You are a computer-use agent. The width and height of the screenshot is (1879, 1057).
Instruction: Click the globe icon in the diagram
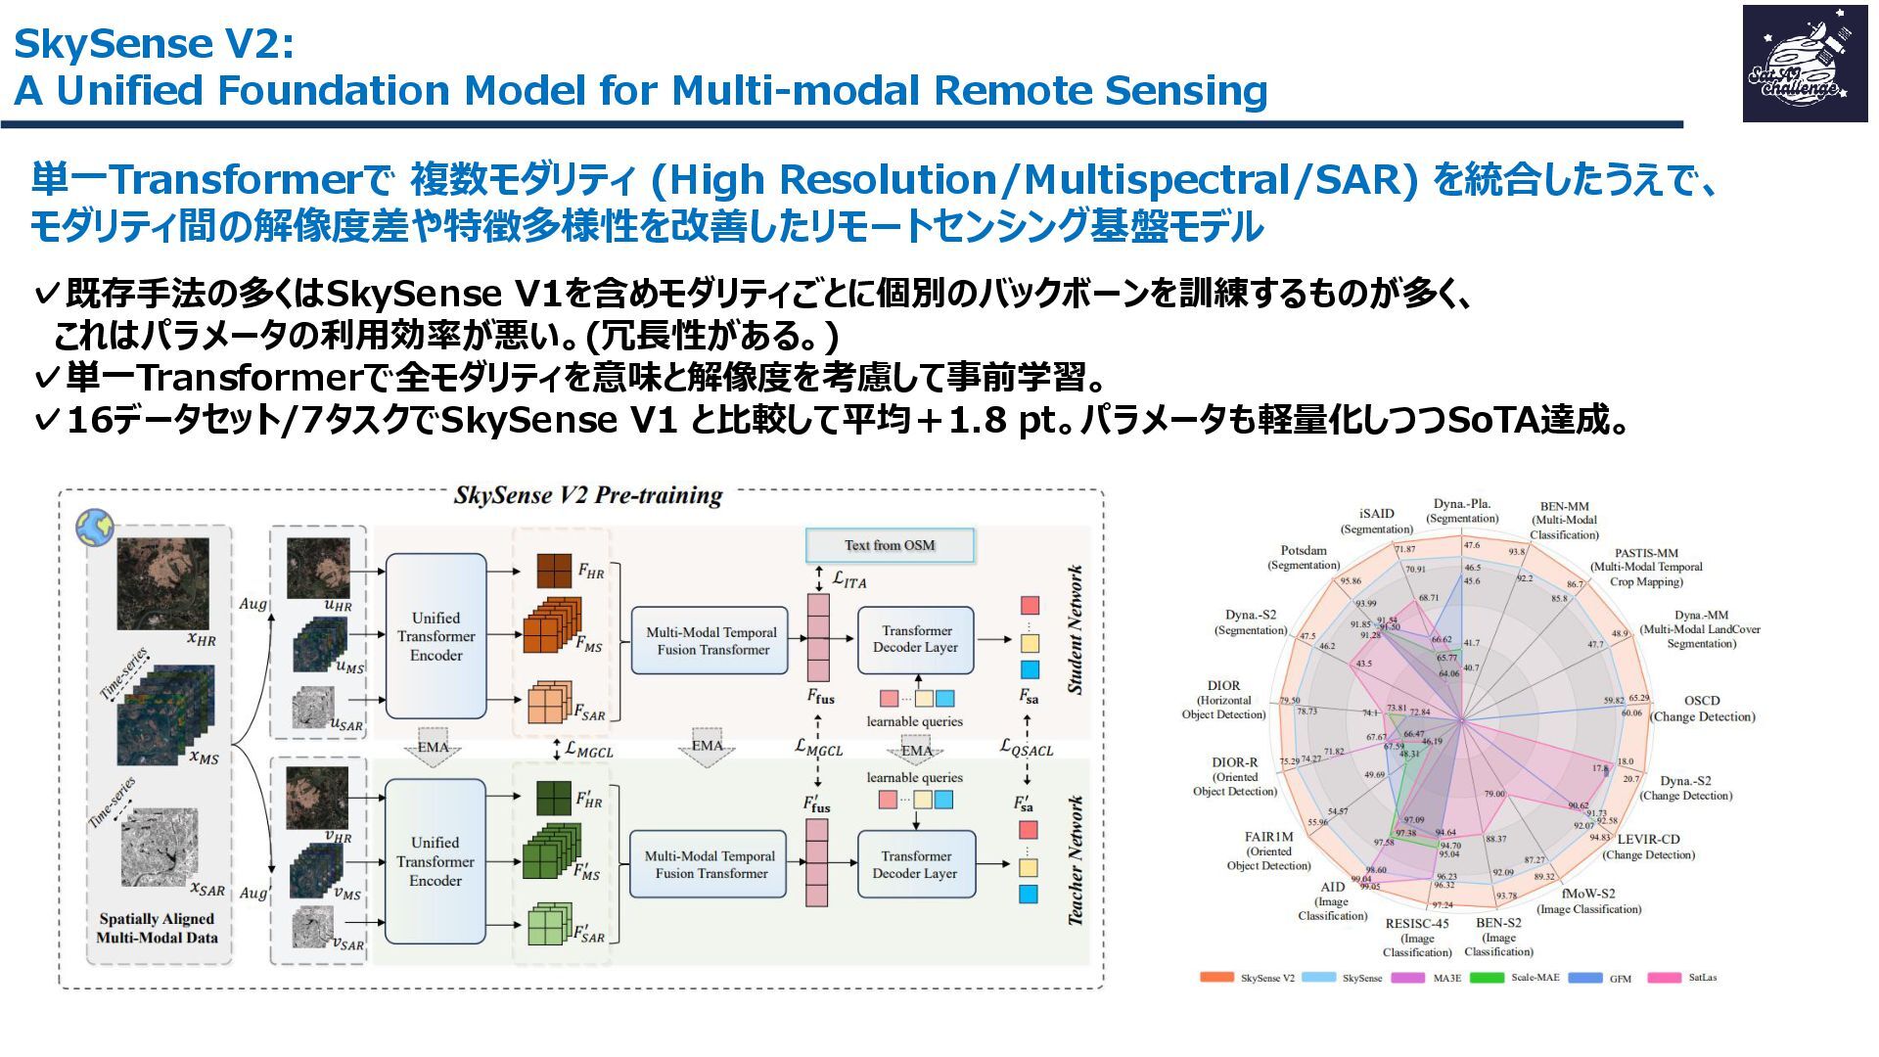click(x=95, y=528)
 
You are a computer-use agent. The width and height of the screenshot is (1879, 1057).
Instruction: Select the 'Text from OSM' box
click(x=890, y=545)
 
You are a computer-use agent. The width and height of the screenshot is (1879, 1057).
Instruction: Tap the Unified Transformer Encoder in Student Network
click(x=435, y=636)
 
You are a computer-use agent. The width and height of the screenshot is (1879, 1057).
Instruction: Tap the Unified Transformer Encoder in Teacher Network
click(x=435, y=861)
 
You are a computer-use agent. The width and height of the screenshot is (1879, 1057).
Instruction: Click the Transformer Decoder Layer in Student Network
click(x=916, y=639)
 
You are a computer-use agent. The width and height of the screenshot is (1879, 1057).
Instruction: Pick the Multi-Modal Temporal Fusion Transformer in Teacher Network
click(x=710, y=864)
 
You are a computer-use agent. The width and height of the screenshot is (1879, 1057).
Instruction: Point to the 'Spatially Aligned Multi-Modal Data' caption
click(x=157, y=928)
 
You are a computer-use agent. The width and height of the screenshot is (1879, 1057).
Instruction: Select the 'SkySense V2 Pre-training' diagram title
click(x=587, y=495)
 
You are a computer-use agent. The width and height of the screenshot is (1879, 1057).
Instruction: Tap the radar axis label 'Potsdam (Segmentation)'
click(x=1304, y=558)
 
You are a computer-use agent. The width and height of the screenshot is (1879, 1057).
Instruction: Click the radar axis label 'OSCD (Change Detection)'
click(x=1702, y=709)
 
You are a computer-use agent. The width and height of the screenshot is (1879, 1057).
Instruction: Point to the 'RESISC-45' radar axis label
click(x=1416, y=938)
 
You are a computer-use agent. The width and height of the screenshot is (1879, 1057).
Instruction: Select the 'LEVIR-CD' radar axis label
click(x=1649, y=847)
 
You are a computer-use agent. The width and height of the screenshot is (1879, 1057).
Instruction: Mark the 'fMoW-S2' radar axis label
click(x=1588, y=900)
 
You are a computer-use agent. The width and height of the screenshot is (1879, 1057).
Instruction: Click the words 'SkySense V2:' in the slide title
click(x=154, y=44)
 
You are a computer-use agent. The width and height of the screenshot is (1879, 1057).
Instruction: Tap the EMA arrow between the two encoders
click(x=433, y=747)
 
